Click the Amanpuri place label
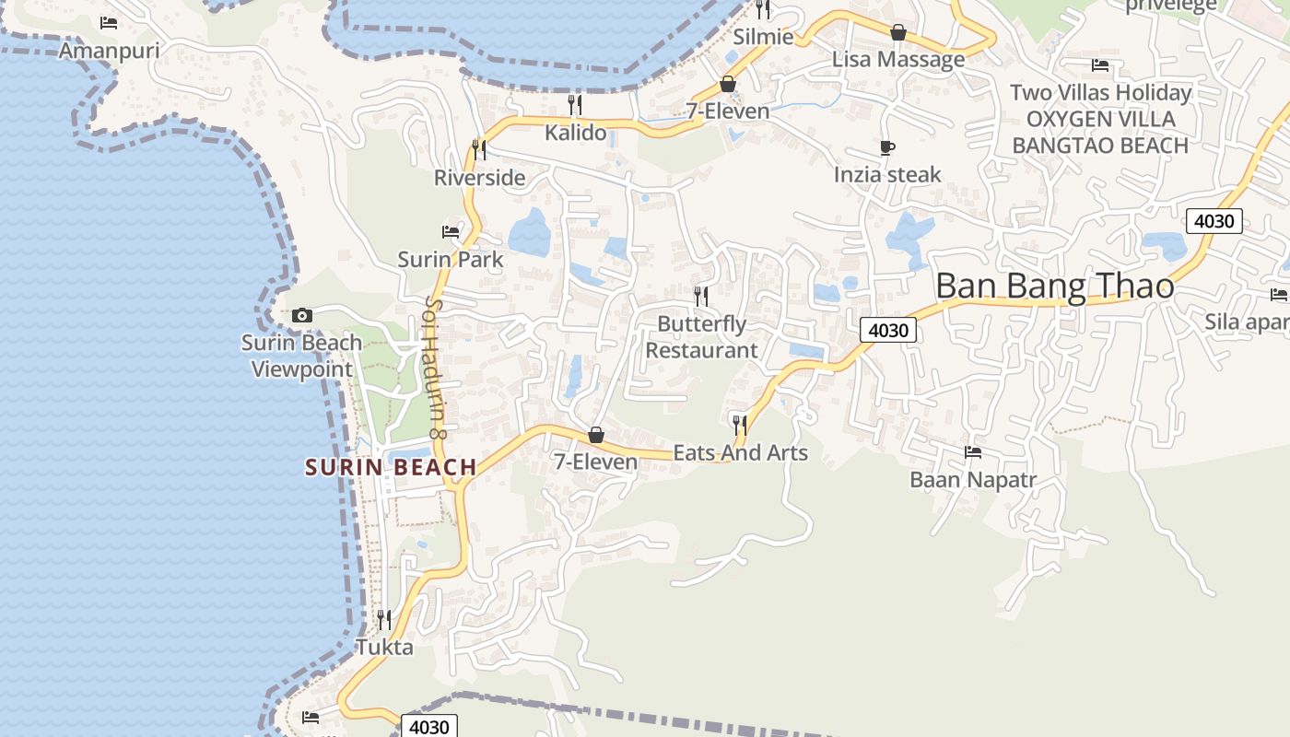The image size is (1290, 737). click(x=109, y=51)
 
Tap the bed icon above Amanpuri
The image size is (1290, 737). click(x=109, y=23)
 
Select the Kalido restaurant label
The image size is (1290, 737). click(x=576, y=133)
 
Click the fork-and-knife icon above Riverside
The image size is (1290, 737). click(x=479, y=149)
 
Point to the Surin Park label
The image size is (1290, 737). click(x=451, y=260)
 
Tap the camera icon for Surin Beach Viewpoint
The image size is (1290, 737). click(x=301, y=316)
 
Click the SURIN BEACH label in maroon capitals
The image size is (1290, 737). click(x=391, y=468)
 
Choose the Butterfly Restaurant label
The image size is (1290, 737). click(x=701, y=337)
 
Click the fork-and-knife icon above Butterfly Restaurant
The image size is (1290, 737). click(x=701, y=296)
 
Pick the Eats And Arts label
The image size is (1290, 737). click(x=741, y=452)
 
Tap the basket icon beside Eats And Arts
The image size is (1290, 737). click(x=596, y=435)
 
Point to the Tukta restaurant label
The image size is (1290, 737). click(x=384, y=648)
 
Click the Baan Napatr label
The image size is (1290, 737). click(x=973, y=480)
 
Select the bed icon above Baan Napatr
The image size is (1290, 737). click(x=973, y=452)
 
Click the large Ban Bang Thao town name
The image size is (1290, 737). click(x=1055, y=287)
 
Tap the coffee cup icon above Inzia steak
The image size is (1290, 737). click(x=887, y=147)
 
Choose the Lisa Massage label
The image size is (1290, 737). click(x=898, y=60)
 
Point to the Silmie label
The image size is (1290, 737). click(x=763, y=37)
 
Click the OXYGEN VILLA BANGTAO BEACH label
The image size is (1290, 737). click(x=1100, y=132)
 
